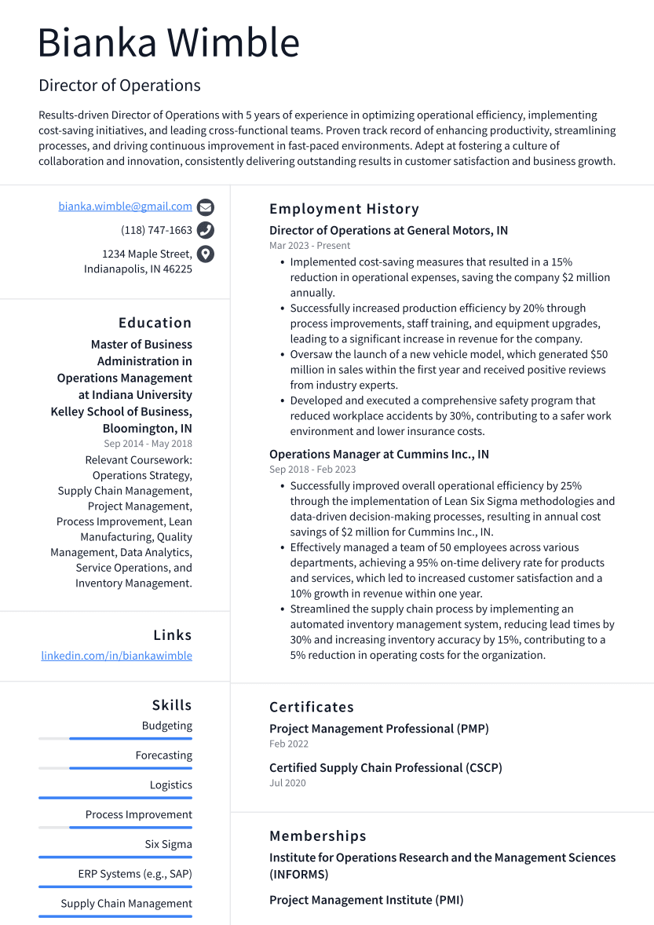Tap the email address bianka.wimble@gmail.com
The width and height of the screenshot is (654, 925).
125,207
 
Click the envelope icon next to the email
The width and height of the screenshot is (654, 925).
206,207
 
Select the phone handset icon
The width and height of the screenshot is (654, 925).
206,230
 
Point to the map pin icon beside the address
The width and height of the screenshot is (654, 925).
206,254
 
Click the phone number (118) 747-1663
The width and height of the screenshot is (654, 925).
156,230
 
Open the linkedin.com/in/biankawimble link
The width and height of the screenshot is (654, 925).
116,656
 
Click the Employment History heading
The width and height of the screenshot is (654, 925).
344,209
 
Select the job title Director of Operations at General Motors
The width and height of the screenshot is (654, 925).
388,231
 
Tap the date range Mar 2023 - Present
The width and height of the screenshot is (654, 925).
309,246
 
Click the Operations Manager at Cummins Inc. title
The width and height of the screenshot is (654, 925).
378,455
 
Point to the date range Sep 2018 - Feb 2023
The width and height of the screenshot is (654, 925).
312,470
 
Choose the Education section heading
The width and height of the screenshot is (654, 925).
155,323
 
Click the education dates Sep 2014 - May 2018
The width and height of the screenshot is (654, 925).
148,444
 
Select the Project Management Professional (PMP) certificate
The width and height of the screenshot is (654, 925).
378,729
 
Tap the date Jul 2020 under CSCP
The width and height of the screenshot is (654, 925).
287,783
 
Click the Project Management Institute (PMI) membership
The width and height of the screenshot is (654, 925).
366,900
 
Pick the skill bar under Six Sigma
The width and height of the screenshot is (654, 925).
115,857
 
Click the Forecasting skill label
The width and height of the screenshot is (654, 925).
163,755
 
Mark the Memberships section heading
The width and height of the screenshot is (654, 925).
317,836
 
